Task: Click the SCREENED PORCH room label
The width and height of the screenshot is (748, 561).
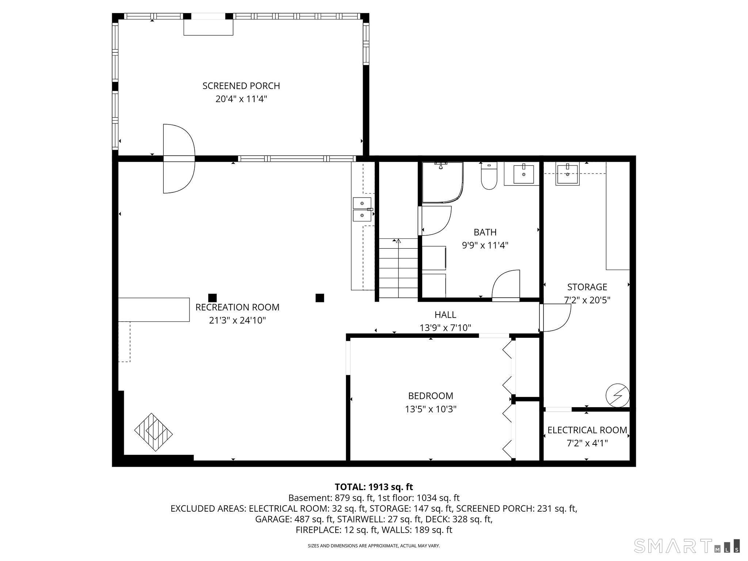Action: click(241, 86)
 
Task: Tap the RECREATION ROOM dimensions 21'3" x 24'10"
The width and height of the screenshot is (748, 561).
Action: click(237, 320)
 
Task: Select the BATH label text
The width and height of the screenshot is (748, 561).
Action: click(485, 232)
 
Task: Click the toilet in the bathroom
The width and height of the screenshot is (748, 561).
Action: click(489, 177)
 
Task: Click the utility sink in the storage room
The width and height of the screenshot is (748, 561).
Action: click(568, 174)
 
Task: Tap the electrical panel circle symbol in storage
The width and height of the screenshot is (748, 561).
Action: click(618, 395)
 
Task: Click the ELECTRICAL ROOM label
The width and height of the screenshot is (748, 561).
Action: click(587, 430)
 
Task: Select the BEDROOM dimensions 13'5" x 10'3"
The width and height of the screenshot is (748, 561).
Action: click(431, 409)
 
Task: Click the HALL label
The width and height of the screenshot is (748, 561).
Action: click(445, 314)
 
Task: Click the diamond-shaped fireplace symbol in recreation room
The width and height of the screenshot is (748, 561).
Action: click(153, 432)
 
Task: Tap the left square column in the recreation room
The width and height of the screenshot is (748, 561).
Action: click(212, 298)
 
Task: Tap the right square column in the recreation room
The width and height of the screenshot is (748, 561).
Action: click(320, 298)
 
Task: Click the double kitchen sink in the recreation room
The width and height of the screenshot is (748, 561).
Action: click(362, 209)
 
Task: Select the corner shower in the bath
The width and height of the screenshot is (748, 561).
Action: click(442, 182)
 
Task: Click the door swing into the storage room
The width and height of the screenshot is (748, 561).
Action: click(556, 318)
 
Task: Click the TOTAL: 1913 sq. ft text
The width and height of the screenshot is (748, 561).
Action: click(374, 487)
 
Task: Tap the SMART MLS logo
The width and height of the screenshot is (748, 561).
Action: click(687, 546)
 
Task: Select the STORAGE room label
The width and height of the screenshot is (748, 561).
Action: click(587, 287)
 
